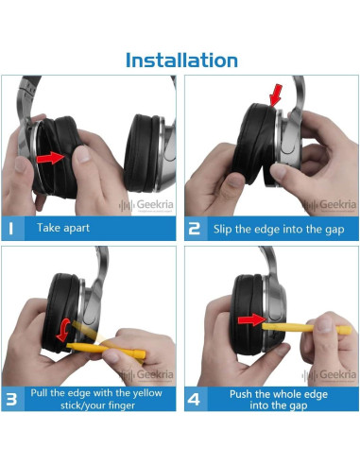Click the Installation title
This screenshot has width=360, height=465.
181,60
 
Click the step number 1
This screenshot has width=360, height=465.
11,229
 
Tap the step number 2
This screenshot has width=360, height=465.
194,229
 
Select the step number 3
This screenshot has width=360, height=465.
11,400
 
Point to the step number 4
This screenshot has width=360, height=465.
194,400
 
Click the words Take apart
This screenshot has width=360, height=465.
63,228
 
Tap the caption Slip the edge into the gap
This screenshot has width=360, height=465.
279,230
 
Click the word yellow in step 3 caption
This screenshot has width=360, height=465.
147,393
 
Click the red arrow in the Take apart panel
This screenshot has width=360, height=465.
50,158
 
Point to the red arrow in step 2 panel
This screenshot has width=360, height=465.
276,95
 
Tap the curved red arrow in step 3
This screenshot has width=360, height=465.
64,330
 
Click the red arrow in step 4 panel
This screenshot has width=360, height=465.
251,320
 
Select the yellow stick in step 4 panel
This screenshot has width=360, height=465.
306,328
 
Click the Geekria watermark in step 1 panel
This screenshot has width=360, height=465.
146,205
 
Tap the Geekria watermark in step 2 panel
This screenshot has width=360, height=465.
330,205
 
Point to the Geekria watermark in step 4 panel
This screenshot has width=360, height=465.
329,375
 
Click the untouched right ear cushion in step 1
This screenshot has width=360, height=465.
142,153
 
